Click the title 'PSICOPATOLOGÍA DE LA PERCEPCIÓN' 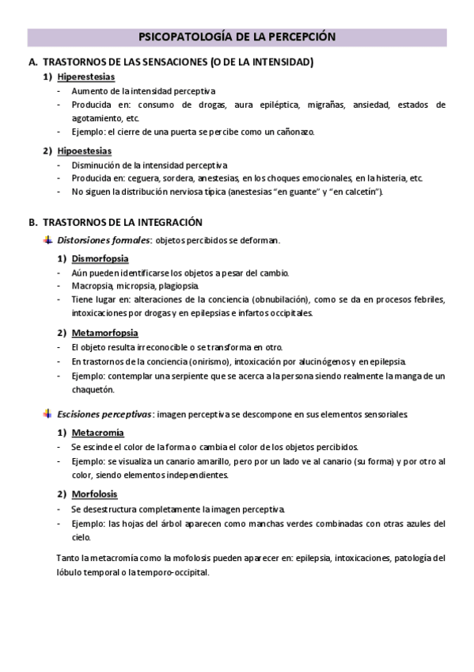click(x=237, y=36)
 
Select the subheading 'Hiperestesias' click(x=85, y=77)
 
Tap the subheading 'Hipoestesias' click(x=84, y=151)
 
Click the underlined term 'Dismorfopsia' click(x=100, y=258)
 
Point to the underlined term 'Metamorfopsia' click(x=104, y=333)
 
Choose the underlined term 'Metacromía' click(x=97, y=433)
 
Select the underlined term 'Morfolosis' click(x=94, y=494)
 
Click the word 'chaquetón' click(x=93, y=389)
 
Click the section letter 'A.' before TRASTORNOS click(x=32, y=62)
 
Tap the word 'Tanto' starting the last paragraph click(x=68, y=559)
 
